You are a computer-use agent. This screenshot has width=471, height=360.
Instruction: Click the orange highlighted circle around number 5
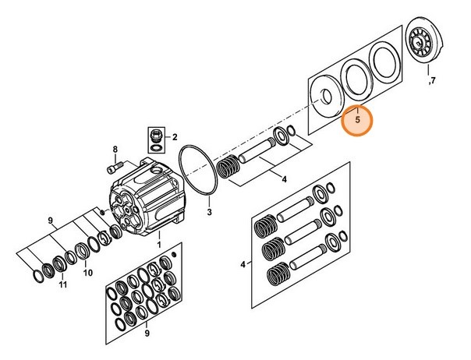tap(358, 122)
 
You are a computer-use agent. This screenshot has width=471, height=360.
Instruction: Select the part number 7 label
tap(434, 81)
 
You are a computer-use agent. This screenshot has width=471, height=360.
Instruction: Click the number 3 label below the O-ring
tap(209, 210)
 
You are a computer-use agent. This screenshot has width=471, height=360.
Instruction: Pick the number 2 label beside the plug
tap(175, 136)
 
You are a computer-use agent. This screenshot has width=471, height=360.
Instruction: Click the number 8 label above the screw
tap(114, 149)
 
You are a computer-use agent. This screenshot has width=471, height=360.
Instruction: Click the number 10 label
tap(87, 273)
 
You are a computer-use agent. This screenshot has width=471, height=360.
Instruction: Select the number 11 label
tap(63, 286)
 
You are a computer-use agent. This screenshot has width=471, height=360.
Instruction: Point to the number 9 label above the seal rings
tap(51, 221)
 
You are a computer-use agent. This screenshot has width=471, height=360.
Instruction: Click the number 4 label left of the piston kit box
tap(243, 265)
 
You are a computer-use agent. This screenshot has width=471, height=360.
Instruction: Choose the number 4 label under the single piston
tap(284, 180)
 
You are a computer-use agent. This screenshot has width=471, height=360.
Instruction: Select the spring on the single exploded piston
tap(229, 168)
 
